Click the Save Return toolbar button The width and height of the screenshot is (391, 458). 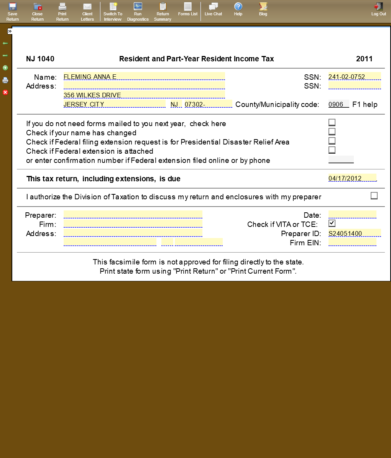(13, 11)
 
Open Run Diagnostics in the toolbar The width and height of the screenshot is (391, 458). (138, 11)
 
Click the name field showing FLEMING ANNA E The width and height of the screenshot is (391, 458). (144, 77)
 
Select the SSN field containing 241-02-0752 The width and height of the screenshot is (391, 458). (354, 77)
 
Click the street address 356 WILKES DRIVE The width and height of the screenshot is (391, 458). (144, 95)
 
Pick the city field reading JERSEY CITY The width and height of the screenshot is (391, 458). (114, 104)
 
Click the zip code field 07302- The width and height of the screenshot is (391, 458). (208, 104)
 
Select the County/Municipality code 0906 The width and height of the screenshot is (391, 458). (338, 104)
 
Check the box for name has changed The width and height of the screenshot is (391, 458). (332, 131)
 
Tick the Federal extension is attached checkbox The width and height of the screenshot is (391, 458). (332, 150)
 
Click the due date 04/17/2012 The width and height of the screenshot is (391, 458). (352, 178)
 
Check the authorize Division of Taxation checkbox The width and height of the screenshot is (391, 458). (374, 196)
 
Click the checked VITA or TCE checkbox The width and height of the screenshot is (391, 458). (332, 223)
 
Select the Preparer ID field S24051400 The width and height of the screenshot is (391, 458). (354, 233)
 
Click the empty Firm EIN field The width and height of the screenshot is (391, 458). (352, 243)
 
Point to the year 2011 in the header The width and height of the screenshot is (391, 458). (364, 59)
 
